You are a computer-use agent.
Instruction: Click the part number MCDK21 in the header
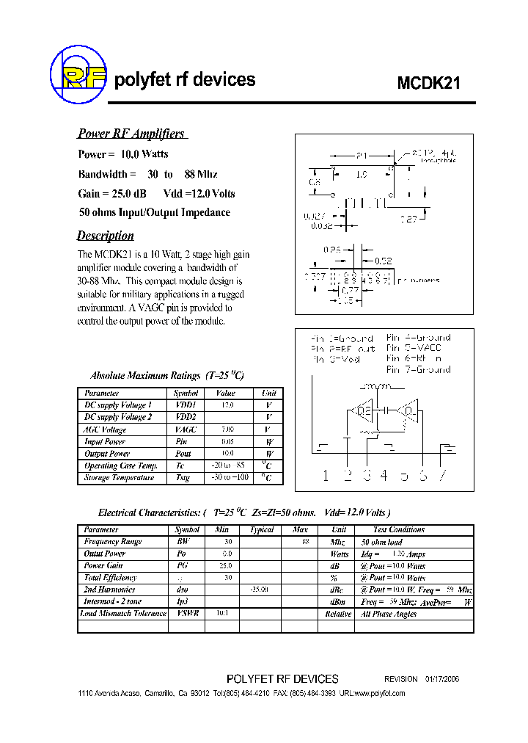429,83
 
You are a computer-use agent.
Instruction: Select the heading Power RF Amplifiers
131,134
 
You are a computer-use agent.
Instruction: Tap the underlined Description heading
106,236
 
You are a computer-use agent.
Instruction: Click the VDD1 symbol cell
186,405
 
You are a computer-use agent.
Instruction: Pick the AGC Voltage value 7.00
228,430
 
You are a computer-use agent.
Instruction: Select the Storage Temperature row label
119,478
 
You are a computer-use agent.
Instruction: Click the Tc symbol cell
181,465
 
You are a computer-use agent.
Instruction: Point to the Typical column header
262,529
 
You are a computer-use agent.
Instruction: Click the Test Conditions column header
399,529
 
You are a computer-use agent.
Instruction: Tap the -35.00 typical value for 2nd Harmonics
260,590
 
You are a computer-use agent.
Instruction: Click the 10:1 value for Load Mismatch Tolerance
224,613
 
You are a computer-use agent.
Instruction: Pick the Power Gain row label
103,565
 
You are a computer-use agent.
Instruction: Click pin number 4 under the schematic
384,476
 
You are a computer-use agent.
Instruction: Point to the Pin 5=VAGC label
418,348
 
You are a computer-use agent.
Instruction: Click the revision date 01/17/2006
443,679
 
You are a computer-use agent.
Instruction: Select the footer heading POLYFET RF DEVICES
283,679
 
